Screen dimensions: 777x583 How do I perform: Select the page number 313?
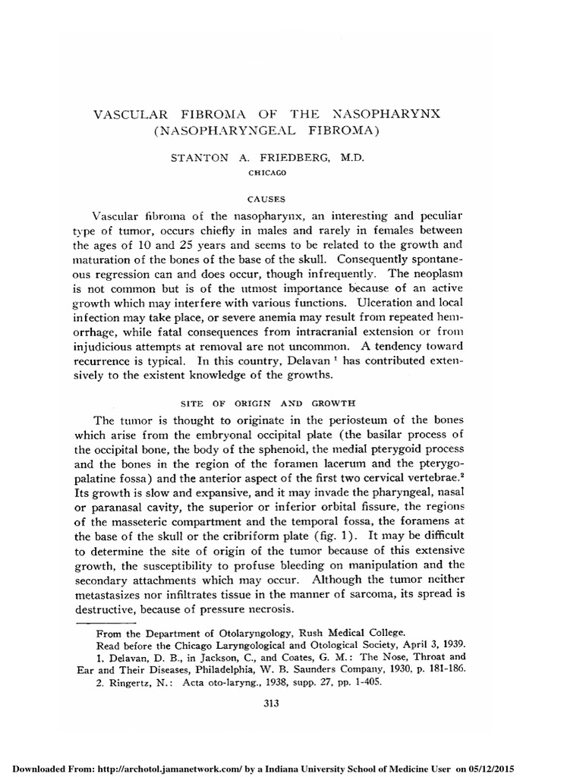pos(271,703)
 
